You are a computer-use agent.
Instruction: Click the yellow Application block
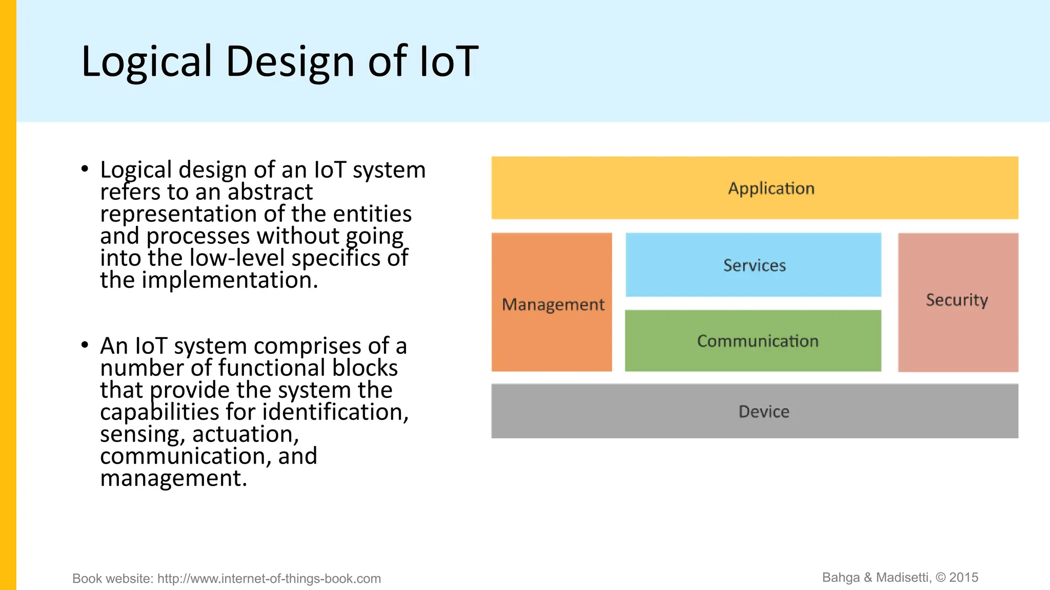pos(754,188)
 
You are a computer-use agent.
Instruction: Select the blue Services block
pos(753,265)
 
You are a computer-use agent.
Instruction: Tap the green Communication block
pos(753,341)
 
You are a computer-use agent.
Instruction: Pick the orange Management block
pos(552,302)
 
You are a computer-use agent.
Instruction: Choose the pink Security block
pos(958,302)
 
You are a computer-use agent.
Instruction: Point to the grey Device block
pos(754,411)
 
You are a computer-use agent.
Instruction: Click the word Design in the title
pos(290,61)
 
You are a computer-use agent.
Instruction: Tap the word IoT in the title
pos(449,61)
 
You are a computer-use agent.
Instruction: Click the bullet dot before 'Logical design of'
pos(85,168)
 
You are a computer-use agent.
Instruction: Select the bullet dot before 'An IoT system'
pos(85,345)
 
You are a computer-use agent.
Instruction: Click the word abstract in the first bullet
pos(270,192)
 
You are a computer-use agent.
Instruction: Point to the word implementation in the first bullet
pos(229,280)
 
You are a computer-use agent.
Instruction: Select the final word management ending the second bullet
pos(173,478)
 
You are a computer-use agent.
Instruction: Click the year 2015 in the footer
pos(963,578)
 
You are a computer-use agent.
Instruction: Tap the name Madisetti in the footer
pos(903,578)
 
